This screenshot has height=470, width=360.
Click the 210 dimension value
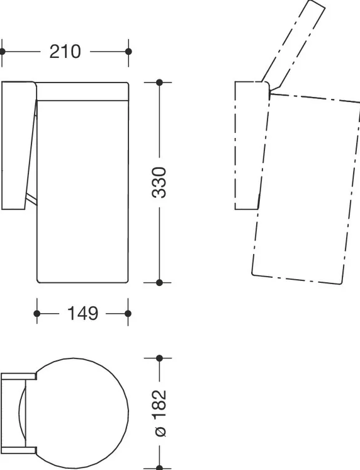click(x=65, y=52)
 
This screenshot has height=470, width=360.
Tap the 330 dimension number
click(x=159, y=182)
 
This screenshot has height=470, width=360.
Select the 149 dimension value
click(x=82, y=314)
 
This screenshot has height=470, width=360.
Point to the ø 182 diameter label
click(x=159, y=413)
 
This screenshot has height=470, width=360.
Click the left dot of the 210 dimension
click(x=3, y=52)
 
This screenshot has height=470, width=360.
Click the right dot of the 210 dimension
click(x=128, y=52)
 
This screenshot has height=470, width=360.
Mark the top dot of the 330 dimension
click(x=159, y=82)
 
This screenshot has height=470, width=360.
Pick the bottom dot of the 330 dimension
click(x=159, y=282)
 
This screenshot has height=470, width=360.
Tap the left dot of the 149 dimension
click(x=37, y=314)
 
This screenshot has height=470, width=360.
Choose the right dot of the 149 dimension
click(x=128, y=314)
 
